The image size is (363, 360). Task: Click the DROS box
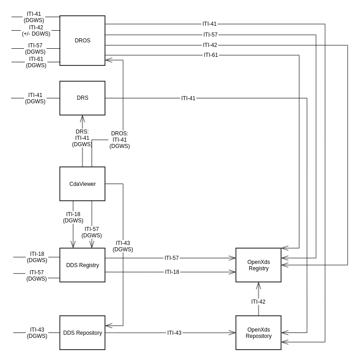coord(82,41)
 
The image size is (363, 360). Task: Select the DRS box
coord(82,98)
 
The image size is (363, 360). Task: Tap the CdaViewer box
coord(82,184)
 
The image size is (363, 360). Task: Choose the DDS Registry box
coord(82,265)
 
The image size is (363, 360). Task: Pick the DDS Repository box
coord(82,333)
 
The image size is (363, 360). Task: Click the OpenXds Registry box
coord(258,265)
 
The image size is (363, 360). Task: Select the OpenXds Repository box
coord(258,333)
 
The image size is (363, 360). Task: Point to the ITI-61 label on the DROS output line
coord(211,55)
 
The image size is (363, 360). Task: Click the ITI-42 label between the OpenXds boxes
coord(258,302)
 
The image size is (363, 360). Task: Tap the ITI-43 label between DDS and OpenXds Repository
coord(174,333)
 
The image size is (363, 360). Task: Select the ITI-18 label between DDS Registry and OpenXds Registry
coord(172,272)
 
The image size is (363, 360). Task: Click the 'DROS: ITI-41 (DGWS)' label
coord(120,140)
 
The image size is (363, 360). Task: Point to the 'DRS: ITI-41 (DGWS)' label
coord(82,138)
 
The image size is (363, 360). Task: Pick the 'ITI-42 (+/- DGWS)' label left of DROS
coord(36,31)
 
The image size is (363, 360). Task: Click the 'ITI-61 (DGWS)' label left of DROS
coord(36,62)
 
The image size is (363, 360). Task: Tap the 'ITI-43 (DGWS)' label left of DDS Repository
coord(37,333)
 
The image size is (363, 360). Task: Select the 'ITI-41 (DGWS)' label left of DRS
coord(35,98)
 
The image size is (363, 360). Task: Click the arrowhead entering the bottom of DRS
coord(82,118)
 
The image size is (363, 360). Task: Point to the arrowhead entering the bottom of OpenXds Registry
coord(258,285)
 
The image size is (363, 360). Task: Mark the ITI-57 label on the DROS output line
coord(210,35)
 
